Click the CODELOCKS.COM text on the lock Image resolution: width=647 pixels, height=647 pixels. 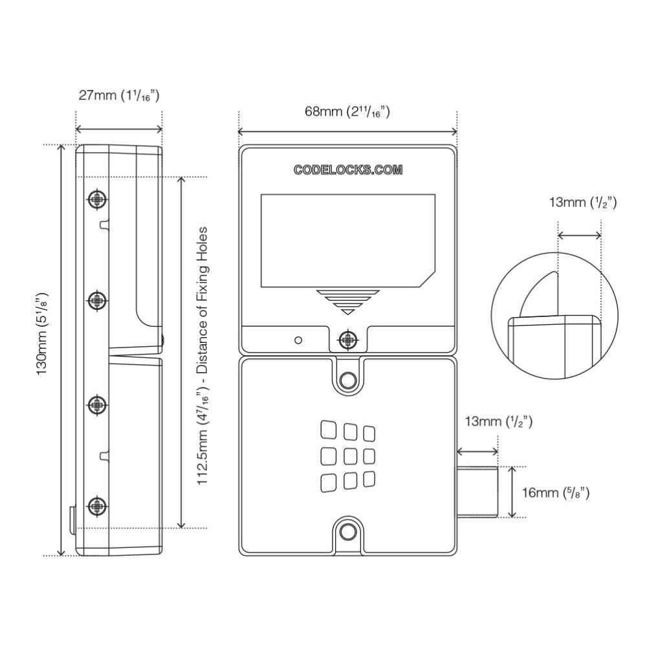[x=348, y=170]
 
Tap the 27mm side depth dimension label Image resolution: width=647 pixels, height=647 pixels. [x=119, y=96]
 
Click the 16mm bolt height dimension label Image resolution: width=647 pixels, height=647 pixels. [x=555, y=493]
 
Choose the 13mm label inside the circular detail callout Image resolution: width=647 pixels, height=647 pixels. [x=582, y=203]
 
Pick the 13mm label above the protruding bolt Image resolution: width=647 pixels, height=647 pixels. [x=498, y=422]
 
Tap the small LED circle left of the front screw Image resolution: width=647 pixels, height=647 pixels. [x=298, y=340]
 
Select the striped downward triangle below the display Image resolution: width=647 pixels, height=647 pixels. [x=347, y=301]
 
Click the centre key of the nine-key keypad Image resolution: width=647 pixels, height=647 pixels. [x=350, y=455]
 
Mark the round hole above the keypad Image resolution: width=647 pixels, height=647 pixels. [x=348, y=380]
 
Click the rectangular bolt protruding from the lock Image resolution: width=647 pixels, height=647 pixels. [x=478, y=492]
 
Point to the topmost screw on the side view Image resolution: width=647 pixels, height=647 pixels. [x=97, y=199]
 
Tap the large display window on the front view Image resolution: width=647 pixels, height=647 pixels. [x=347, y=241]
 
